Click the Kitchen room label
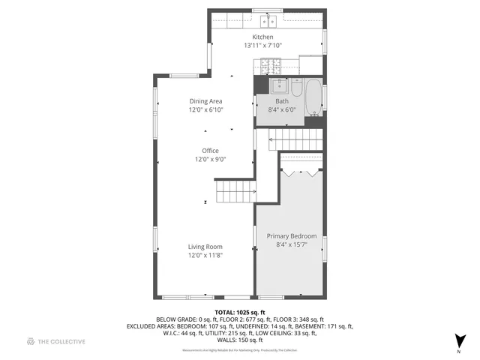click(x=262, y=37)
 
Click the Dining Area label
click(x=205, y=101)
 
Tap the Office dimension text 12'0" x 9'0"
click(x=210, y=159)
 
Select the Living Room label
click(x=205, y=247)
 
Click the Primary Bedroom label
click(x=292, y=236)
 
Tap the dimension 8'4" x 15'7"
click(x=292, y=244)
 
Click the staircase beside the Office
click(x=235, y=191)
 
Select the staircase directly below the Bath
click(x=294, y=139)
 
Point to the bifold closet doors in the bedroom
click(x=302, y=172)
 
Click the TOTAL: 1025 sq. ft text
click(x=240, y=312)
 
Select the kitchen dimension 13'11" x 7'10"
click(x=262, y=46)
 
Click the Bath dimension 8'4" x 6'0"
click(x=282, y=109)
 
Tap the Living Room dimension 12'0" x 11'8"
click(x=205, y=256)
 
